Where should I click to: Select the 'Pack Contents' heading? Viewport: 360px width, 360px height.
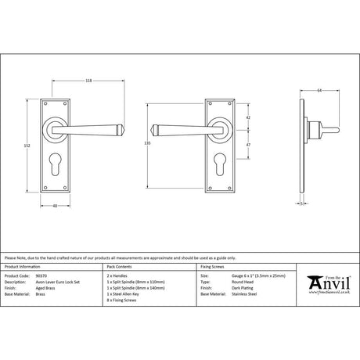[123, 268]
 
